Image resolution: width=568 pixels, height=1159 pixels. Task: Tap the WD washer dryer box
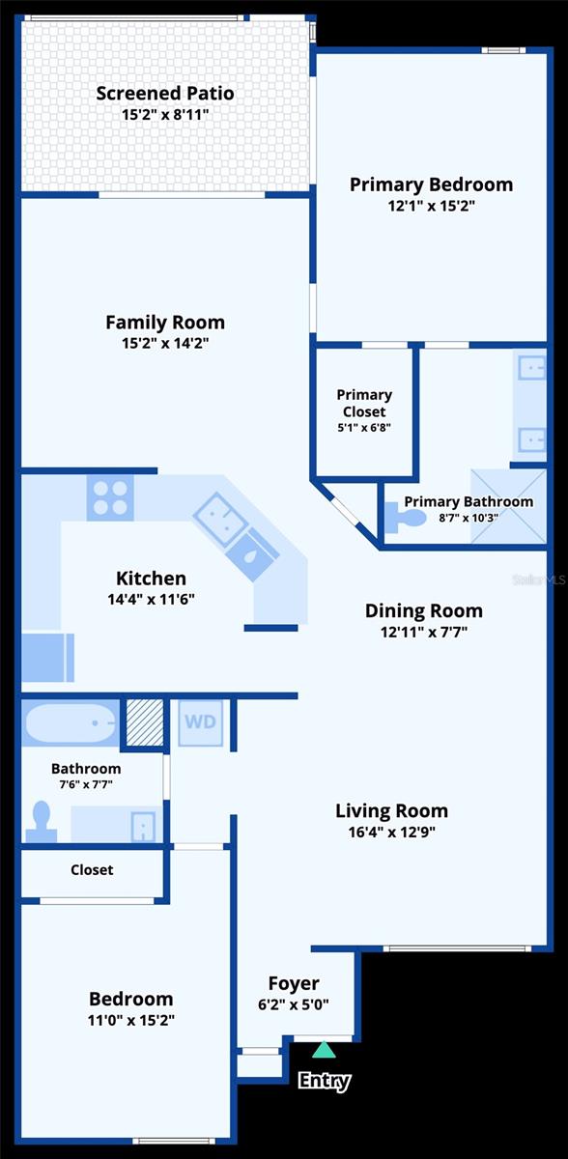pyautogui.click(x=200, y=722)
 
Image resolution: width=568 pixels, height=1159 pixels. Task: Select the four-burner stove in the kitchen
pyautogui.click(x=110, y=498)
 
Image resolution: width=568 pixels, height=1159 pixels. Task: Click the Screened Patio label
pyautogui.click(x=165, y=94)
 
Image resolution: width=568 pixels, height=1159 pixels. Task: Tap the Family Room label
pyautogui.click(x=165, y=323)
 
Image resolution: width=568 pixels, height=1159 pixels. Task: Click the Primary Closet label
pyautogui.click(x=364, y=403)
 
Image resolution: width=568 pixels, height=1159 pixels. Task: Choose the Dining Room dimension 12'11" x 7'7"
pyautogui.click(x=423, y=633)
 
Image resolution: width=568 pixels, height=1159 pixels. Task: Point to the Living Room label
pyautogui.click(x=391, y=810)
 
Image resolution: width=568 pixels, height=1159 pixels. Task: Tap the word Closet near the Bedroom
pyautogui.click(x=92, y=870)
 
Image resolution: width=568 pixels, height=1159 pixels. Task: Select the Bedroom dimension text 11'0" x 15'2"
pyautogui.click(x=131, y=1020)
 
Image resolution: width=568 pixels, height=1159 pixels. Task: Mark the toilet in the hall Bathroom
pyautogui.click(x=42, y=821)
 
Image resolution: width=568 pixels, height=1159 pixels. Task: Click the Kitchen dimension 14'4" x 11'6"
pyautogui.click(x=152, y=599)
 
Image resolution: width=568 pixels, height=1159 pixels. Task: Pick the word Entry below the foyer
pyautogui.click(x=324, y=1081)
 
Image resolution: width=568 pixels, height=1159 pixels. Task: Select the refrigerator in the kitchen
pyautogui.click(x=47, y=658)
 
